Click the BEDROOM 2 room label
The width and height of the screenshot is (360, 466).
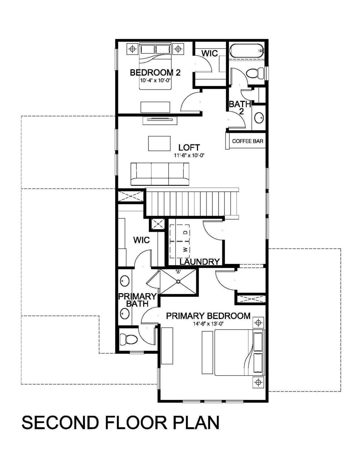(x=155, y=73)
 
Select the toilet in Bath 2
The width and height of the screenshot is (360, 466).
(x=256, y=73)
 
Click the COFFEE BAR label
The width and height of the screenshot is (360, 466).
(x=247, y=141)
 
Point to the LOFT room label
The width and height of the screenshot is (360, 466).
(x=189, y=147)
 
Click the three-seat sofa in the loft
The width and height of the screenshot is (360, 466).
(x=160, y=174)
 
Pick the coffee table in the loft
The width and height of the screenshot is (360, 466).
(x=159, y=144)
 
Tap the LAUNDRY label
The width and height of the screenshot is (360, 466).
(x=200, y=262)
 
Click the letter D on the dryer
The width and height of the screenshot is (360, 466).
(x=186, y=232)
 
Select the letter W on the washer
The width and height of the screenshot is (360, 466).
(x=186, y=249)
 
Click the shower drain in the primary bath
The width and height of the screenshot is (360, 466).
(x=178, y=281)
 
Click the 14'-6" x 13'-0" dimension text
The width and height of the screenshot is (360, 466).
(x=208, y=324)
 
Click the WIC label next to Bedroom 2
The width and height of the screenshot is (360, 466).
(x=210, y=53)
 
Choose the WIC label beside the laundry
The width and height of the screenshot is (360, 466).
(x=141, y=240)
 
